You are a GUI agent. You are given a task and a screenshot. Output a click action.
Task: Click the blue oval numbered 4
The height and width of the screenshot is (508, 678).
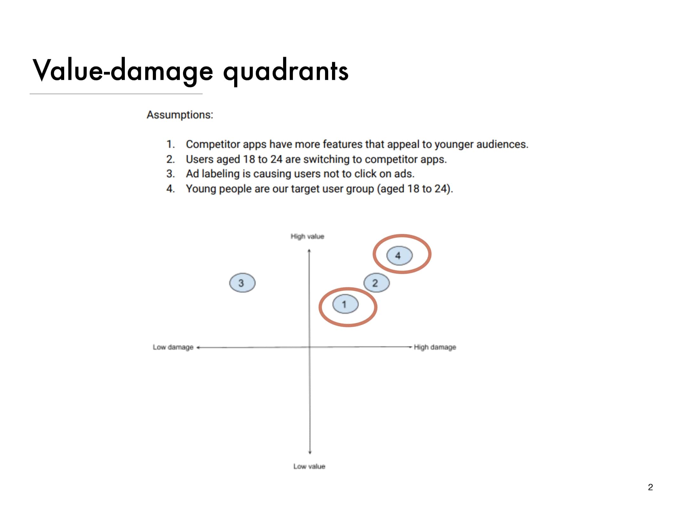point(399,255)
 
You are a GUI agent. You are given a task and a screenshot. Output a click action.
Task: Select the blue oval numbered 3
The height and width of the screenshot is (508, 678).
point(242,283)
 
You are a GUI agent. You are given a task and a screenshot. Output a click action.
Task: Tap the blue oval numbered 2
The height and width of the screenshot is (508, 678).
point(376,283)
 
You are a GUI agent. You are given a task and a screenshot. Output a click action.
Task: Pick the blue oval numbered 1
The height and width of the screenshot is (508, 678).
point(345,304)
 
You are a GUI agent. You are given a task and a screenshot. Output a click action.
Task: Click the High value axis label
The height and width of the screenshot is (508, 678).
point(307,237)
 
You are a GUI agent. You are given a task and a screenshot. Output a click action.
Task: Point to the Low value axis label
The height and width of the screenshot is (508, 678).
point(309,466)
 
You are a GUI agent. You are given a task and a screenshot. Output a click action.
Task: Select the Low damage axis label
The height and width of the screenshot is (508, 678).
point(173,347)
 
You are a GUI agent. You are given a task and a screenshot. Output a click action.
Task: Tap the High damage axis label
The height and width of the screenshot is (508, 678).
point(435,347)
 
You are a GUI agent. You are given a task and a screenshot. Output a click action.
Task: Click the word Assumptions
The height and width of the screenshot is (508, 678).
point(180,115)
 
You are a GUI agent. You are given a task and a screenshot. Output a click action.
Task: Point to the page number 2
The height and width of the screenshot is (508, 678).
point(650,487)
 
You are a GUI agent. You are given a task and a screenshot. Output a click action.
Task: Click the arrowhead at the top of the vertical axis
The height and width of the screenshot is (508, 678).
point(309,251)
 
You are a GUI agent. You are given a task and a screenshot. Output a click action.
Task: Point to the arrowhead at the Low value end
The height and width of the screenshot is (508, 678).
point(310,452)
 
